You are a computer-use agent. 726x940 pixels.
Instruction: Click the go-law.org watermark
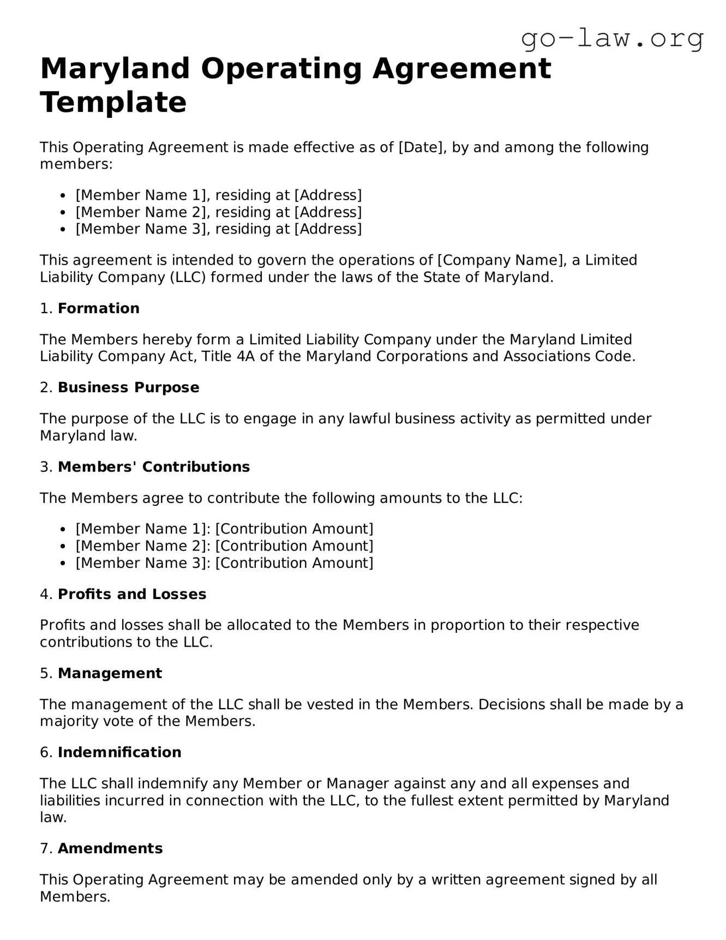pyautogui.click(x=612, y=38)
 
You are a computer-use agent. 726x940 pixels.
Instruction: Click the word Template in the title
pyautogui.click(x=113, y=102)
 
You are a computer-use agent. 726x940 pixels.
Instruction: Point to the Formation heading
pyautogui.click(x=99, y=309)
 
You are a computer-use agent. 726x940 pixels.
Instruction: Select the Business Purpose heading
pyautogui.click(x=128, y=388)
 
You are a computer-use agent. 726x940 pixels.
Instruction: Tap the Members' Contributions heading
pyautogui.click(x=154, y=467)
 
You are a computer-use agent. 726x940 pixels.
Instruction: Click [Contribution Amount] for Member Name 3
pyautogui.click(x=295, y=563)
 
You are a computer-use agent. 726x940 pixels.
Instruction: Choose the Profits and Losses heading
pyautogui.click(x=132, y=595)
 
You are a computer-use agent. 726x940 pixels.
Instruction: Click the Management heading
pyautogui.click(x=110, y=674)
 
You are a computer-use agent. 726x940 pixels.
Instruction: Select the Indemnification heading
pyautogui.click(x=119, y=753)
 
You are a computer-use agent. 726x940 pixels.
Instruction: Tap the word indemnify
pyautogui.click(x=172, y=784)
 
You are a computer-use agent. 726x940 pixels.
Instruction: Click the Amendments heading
pyautogui.click(x=110, y=849)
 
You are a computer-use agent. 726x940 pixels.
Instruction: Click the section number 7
pyautogui.click(x=45, y=849)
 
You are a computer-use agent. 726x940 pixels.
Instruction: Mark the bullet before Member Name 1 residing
pyautogui.click(x=63, y=196)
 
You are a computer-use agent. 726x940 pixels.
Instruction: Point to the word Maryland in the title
pyautogui.click(x=115, y=69)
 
